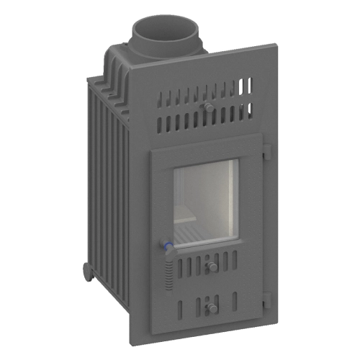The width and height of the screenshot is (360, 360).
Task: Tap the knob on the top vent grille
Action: pos(208,107)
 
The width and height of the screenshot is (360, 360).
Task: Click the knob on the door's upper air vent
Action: pos(212,266)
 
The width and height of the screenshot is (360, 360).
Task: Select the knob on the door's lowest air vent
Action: pos(212,307)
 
